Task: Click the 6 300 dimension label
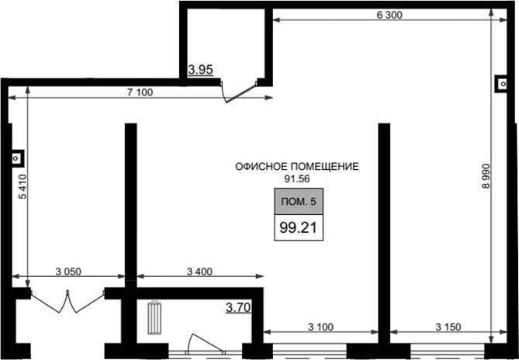pyautogui.click(x=389, y=15)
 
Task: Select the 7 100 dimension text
pyautogui.click(x=140, y=92)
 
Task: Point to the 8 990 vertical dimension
pyautogui.click(x=486, y=176)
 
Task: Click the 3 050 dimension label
pyautogui.click(x=68, y=272)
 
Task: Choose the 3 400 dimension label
pyautogui.click(x=199, y=272)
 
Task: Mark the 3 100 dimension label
pyautogui.click(x=320, y=327)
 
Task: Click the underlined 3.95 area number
pyautogui.click(x=200, y=71)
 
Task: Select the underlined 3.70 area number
pyautogui.click(x=238, y=308)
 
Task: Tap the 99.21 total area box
pyautogui.click(x=299, y=227)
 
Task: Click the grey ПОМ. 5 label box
pyautogui.click(x=299, y=202)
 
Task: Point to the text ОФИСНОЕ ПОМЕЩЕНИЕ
pyautogui.click(x=297, y=167)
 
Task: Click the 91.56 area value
pyautogui.click(x=297, y=179)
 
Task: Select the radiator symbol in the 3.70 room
pyautogui.click(x=154, y=317)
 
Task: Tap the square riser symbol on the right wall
pyautogui.click(x=501, y=84)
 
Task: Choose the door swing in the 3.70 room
pyautogui.click(x=206, y=342)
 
